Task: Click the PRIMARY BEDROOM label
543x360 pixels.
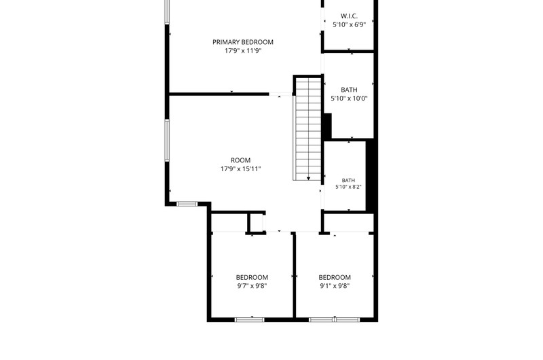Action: [243, 42]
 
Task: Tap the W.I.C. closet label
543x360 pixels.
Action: [349, 16]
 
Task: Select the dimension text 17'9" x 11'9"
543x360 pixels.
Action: [243, 50]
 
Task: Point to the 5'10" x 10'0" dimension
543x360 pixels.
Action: [349, 98]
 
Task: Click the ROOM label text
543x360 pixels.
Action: [241, 160]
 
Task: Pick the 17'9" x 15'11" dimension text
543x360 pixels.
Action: [241, 169]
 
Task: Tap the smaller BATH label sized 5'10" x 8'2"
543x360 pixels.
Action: [348, 180]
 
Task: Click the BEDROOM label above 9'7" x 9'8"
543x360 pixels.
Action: [252, 277]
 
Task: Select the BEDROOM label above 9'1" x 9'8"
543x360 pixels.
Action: [335, 277]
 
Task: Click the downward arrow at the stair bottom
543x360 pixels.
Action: [308, 178]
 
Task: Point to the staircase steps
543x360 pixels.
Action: [308, 128]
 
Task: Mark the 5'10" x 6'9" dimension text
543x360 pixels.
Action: [349, 24]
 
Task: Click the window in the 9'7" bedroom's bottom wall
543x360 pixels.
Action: [249, 319]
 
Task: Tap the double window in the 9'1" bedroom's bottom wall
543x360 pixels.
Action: [335, 319]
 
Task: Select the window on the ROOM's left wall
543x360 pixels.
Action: [167, 141]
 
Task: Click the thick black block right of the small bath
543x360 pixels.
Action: [371, 175]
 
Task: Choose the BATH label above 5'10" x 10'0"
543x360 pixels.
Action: [349, 90]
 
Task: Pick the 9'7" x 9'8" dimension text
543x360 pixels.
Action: [252, 286]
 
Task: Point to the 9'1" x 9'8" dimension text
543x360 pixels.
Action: [335, 286]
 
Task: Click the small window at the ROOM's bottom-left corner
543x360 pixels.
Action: [187, 204]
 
